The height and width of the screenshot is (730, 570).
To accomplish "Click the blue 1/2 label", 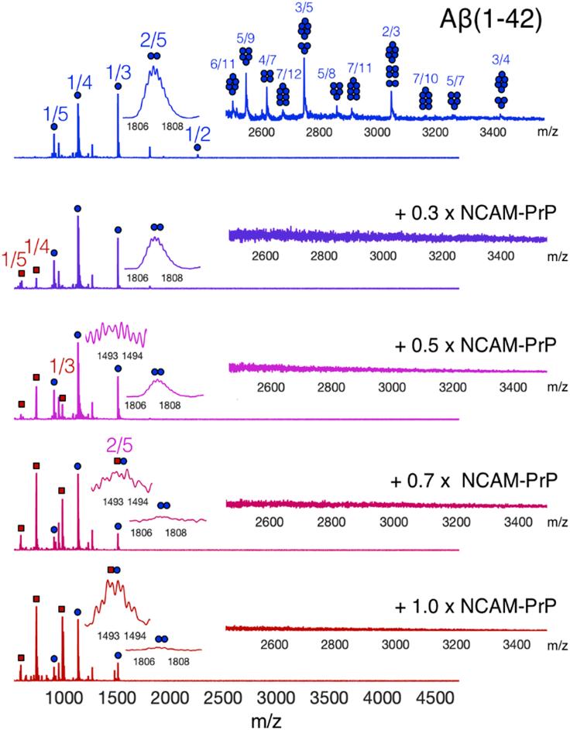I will pos(198,132).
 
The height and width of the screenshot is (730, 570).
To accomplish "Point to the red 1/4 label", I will pos(39,246).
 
